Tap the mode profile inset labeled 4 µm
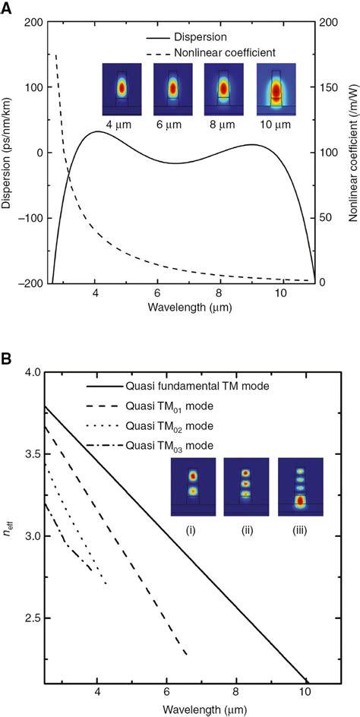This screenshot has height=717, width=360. point(120,87)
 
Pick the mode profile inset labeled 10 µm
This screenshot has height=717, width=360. point(276,87)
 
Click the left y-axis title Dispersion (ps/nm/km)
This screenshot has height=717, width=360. point(7,152)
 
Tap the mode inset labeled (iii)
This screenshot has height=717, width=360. point(301,487)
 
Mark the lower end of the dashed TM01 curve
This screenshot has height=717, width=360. point(187,654)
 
